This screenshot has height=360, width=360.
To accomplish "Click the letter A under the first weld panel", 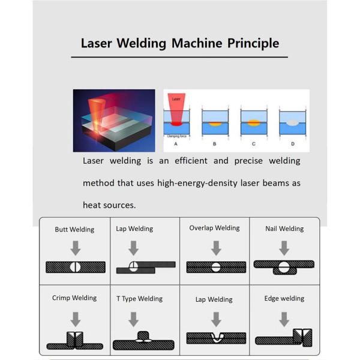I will coord(176,144).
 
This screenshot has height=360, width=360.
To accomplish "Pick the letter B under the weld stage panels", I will coord(214,144).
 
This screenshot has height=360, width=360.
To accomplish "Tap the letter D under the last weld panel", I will coord(292,144).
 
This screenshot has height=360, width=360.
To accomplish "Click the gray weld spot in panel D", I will coord(292,122).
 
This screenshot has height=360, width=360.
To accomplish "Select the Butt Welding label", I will coord(74,229).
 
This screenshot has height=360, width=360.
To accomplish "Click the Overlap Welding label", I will coord(214,228).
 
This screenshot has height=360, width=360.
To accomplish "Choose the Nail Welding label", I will coord(284,229).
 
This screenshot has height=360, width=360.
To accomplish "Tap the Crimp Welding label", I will coord(74,298).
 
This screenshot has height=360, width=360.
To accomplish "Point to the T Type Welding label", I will coord(139,299).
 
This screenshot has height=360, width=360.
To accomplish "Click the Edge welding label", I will coord(284,298).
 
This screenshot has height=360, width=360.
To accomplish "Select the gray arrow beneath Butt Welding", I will coord(75,247).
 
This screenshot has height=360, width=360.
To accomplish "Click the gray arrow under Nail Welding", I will coord(284,247).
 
